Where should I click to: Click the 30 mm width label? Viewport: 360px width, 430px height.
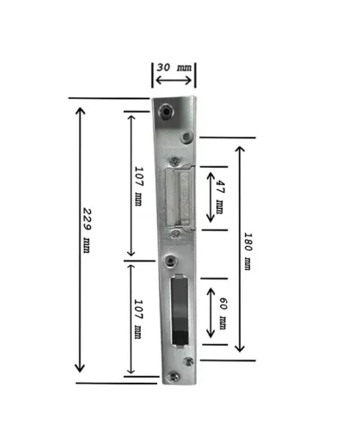click(x=174, y=68)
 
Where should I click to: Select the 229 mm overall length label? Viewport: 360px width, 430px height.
click(x=87, y=230)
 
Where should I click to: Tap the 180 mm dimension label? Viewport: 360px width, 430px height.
click(x=247, y=251)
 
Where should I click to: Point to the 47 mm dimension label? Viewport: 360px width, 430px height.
click(x=220, y=197)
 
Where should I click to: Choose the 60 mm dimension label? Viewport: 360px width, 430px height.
click(x=223, y=313)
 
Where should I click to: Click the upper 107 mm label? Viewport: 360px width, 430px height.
click(x=138, y=186)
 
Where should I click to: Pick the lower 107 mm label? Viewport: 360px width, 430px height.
click(x=138, y=319)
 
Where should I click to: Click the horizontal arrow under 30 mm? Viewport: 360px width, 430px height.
click(x=174, y=80)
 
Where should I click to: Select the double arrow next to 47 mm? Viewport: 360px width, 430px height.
click(x=211, y=197)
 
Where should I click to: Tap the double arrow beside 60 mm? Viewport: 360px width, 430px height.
click(x=211, y=313)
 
